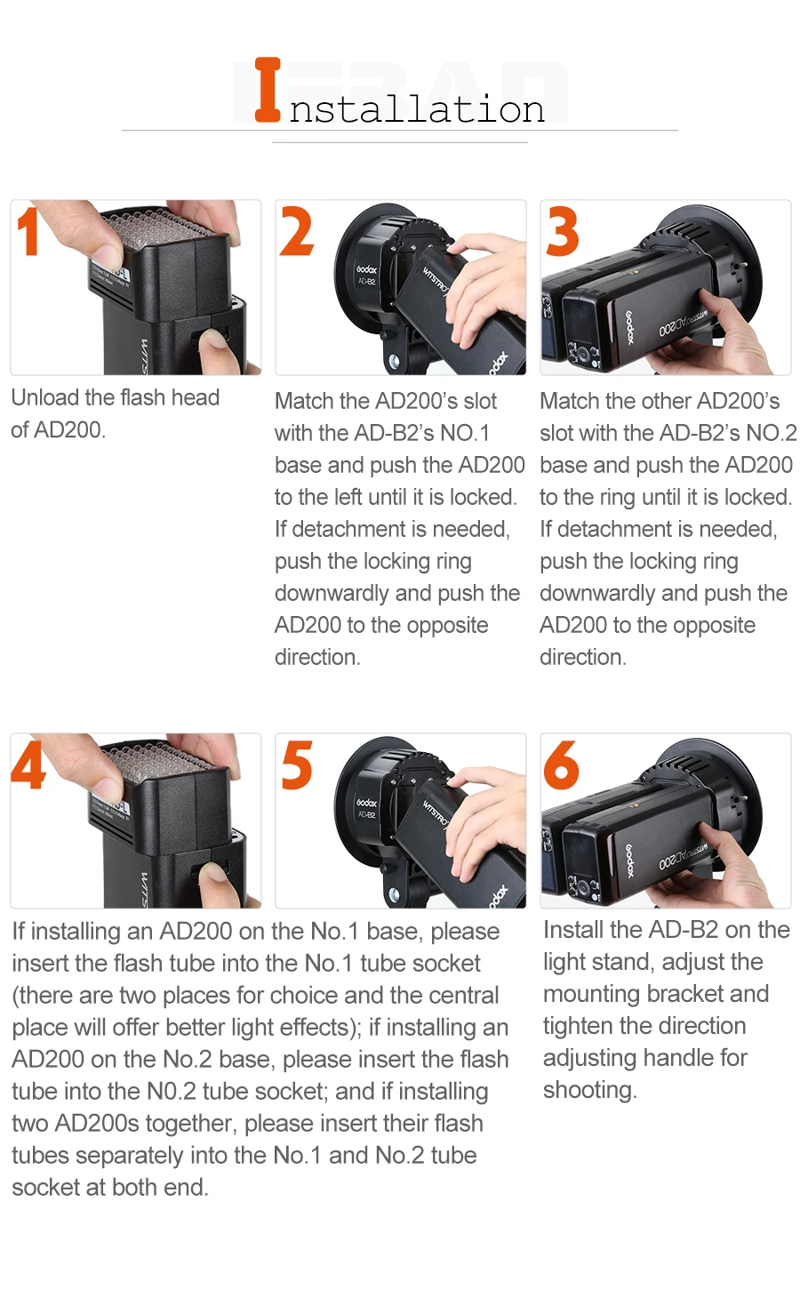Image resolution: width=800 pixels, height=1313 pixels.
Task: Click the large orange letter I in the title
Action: (x=268, y=89)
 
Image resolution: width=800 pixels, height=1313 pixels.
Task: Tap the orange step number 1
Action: (x=28, y=231)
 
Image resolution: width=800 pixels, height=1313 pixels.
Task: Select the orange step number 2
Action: (x=297, y=231)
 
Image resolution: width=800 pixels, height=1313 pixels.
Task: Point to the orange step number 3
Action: (x=562, y=231)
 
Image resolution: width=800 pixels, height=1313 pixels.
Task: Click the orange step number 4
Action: (x=28, y=765)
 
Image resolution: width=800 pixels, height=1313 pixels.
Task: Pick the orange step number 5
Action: (x=297, y=765)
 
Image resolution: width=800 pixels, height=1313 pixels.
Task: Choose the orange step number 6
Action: (x=562, y=765)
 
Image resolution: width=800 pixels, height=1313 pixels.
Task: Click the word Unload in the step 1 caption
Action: (x=45, y=397)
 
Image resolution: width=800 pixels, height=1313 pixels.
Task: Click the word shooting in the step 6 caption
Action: (x=589, y=1091)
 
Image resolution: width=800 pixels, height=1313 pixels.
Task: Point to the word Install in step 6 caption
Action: (x=573, y=930)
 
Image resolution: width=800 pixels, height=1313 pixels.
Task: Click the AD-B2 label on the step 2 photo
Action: (x=367, y=281)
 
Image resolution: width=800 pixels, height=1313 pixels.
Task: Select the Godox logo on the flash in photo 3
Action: (x=628, y=327)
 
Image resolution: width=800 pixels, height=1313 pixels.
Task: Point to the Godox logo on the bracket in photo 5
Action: (x=366, y=803)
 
